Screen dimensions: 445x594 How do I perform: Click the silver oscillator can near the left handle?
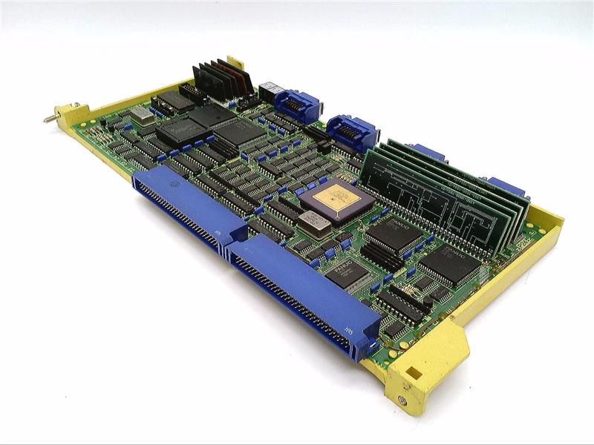tap(143, 115)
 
